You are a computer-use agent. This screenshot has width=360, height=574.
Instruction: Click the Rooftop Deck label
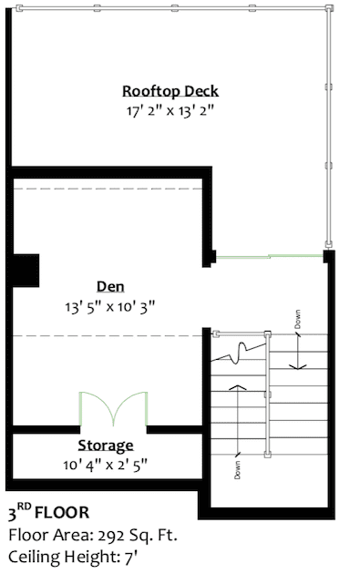pyautogui.click(x=170, y=91)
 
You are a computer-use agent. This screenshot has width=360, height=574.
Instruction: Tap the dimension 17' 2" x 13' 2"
pyautogui.click(x=170, y=110)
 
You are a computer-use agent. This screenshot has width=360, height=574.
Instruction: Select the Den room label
pyautogui.click(x=110, y=286)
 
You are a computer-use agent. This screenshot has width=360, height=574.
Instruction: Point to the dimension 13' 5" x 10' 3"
pyautogui.click(x=110, y=306)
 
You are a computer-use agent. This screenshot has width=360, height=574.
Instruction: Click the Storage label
pyautogui.click(x=106, y=446)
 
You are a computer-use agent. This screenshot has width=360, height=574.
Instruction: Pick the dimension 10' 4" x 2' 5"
pyautogui.click(x=106, y=465)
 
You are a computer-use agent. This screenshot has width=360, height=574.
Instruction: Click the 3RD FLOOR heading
pyautogui.click(x=48, y=512)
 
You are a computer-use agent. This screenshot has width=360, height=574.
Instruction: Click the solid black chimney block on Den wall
pyautogui.click(x=26, y=271)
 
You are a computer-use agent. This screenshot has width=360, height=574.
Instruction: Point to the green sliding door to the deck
pyautogui.click(x=270, y=256)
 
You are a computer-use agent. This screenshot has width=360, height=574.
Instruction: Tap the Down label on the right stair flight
pyautogui.click(x=298, y=319)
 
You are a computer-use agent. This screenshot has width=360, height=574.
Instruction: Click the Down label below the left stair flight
pyautogui.click(x=237, y=470)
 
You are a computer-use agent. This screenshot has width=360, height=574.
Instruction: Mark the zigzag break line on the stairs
pyautogui.click(x=238, y=353)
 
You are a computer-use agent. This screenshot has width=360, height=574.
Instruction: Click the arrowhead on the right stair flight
pyautogui.click(x=298, y=365)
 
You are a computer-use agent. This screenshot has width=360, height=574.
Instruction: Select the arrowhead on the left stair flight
pyautogui.click(x=238, y=387)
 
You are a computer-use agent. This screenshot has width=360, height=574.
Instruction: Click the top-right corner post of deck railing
pyautogui.click(x=329, y=8)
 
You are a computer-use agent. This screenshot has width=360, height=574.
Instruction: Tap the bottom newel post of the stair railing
pyautogui.click(x=268, y=455)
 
